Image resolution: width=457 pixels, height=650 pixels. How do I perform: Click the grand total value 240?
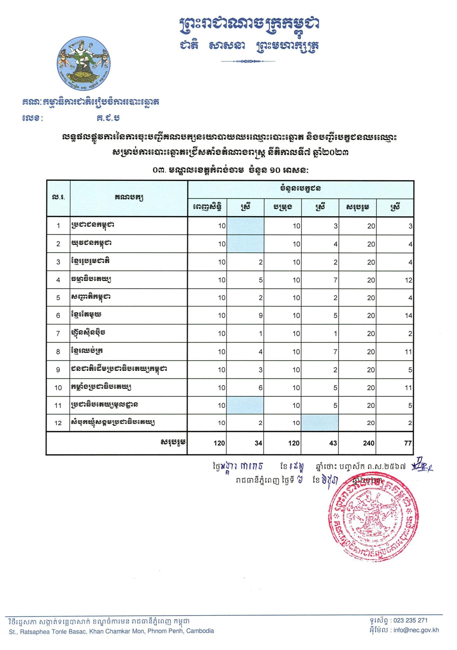pyautogui.click(x=368, y=443)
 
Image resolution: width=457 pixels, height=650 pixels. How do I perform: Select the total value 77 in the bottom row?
pyautogui.click(x=408, y=443)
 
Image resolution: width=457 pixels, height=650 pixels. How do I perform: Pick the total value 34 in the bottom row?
pyautogui.click(x=258, y=443)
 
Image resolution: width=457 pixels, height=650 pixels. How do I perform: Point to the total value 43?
pyautogui.click(x=333, y=443)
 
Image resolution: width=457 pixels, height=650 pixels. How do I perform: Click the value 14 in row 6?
pyautogui.click(x=408, y=316)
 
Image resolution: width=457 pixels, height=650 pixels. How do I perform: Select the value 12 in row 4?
pyautogui.click(x=408, y=280)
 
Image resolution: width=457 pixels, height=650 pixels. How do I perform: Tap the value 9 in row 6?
pyautogui.click(x=260, y=316)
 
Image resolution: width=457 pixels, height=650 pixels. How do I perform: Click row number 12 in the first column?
pyautogui.click(x=58, y=423)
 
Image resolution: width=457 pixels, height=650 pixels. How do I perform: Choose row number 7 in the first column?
pyautogui.click(x=58, y=333)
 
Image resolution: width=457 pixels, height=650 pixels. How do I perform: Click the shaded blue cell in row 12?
pyautogui.click(x=319, y=423)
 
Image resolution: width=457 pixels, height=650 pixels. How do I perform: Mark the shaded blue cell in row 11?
pyautogui.click(x=245, y=405)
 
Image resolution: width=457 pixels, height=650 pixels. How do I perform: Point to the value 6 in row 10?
pyautogui.click(x=260, y=387)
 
